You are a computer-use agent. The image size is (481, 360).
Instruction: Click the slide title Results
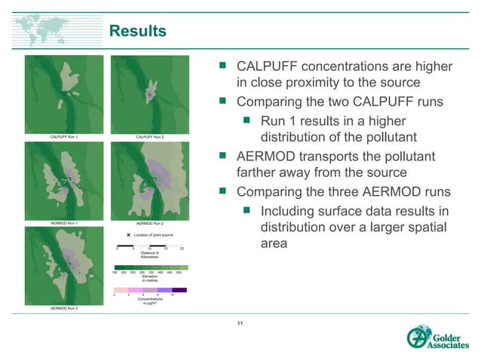138,31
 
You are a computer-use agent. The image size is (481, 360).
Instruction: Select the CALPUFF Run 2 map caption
150,138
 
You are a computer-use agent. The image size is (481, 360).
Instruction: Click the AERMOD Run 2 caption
150,224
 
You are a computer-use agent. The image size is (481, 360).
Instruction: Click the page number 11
240,323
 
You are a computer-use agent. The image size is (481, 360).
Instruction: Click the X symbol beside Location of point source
129,236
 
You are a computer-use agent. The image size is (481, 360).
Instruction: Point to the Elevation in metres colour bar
150,267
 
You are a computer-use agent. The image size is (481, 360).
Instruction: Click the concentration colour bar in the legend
150,289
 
